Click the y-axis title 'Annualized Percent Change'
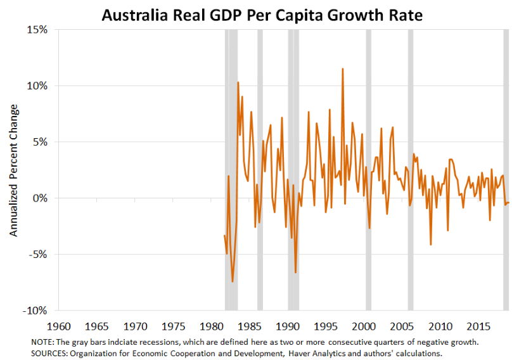tap(14, 170)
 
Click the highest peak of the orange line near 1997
tap(343, 68)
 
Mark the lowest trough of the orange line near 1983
tap(233, 281)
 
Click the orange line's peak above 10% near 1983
tap(238, 82)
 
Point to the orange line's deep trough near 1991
tap(295, 273)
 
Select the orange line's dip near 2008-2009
tap(431, 245)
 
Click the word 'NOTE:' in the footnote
tap(42, 342)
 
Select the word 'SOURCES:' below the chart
tap(50, 352)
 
